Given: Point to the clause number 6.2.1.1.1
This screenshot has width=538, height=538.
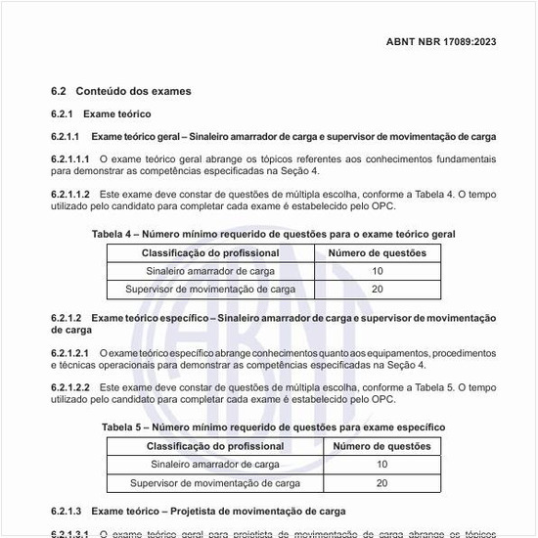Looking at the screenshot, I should (70, 157).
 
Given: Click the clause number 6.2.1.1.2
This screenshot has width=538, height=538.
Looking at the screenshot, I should (70, 196).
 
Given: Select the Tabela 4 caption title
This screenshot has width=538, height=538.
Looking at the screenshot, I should (273, 234).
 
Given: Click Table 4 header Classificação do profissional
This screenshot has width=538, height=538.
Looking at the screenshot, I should (210, 253).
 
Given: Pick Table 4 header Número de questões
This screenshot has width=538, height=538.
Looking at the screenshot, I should (377, 253).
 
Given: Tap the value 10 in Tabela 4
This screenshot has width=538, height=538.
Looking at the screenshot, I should (377, 271).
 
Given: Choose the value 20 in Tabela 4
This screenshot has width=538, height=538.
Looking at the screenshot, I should (377, 290).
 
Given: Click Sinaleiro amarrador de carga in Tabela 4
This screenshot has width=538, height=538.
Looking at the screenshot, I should (210, 271).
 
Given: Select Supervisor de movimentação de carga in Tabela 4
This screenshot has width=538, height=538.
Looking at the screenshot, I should (210, 290).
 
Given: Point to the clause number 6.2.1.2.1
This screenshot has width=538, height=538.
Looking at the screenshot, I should (70, 351).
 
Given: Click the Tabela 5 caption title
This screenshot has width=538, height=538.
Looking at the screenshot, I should (273, 427).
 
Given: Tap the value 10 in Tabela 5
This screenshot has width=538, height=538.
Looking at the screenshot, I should (381, 465).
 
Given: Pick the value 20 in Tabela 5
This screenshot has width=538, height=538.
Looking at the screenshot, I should (381, 483).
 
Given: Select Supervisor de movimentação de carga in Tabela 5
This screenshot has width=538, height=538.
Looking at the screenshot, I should (215, 483).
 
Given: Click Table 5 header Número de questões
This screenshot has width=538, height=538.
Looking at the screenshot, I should (381, 446).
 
